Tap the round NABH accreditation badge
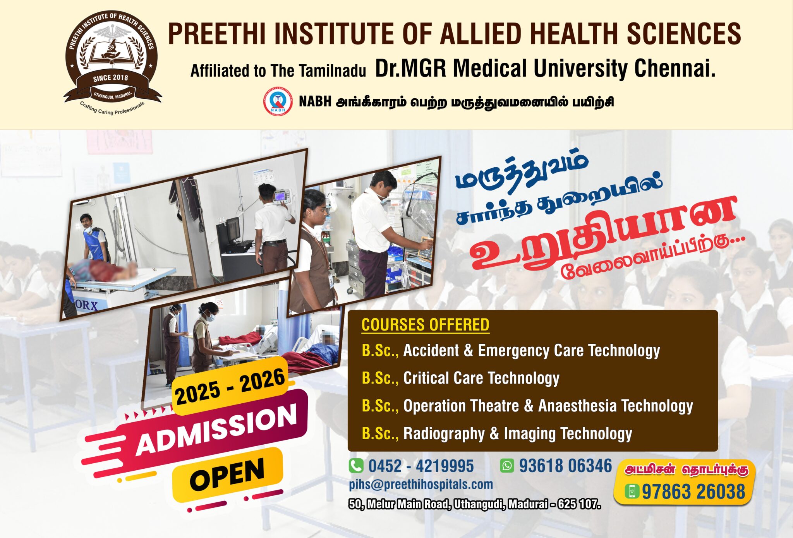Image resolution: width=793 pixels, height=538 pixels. point(278,101)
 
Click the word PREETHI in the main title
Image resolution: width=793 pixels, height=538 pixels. point(216,34)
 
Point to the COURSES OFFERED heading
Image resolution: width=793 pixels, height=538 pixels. point(425,325)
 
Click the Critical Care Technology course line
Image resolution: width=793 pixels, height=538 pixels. point(460,378)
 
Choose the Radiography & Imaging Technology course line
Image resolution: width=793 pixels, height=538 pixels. point(497,434)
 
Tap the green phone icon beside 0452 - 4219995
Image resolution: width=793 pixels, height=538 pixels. point(356,466)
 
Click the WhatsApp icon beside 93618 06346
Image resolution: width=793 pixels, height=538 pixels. point(506,465)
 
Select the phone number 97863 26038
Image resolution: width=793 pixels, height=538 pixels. point(693,492)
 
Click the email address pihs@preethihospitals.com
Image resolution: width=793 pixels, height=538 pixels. point(421,484)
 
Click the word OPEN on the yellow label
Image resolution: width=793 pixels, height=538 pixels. point(227,475)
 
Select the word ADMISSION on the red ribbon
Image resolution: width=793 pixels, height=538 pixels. point(216,429)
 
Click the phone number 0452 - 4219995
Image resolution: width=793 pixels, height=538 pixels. point(421,466)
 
